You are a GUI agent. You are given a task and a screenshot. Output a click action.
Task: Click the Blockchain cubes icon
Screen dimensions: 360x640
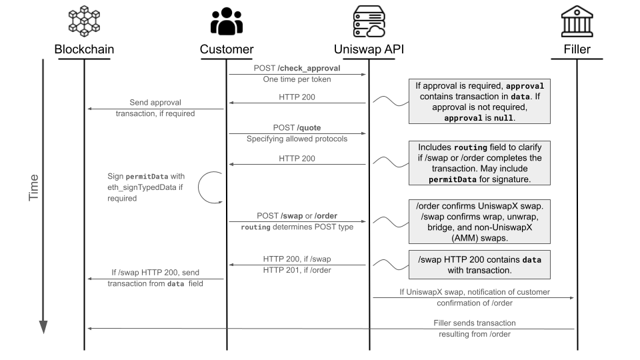84,21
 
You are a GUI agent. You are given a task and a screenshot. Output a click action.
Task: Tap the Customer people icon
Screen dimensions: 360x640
227,21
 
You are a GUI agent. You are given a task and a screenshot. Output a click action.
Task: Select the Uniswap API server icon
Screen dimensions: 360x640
369,21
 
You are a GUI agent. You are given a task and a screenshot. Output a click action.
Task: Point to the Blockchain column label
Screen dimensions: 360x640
84,49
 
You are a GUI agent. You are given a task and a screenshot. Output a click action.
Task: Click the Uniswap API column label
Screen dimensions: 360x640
369,49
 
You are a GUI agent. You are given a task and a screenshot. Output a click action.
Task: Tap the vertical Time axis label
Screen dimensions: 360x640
34,188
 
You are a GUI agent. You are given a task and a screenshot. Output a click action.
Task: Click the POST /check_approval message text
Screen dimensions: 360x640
297,68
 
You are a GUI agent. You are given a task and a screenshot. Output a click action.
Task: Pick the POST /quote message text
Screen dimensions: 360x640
297,127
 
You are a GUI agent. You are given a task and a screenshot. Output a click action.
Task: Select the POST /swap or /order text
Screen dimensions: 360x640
297,216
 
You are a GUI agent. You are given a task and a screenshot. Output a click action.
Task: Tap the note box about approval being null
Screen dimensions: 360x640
481,101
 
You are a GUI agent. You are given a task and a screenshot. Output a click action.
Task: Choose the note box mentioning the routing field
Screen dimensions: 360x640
481,163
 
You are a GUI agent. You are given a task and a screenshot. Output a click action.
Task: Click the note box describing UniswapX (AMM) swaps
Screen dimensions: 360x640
481,221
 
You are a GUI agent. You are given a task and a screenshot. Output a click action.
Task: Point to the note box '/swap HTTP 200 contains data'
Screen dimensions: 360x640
481,265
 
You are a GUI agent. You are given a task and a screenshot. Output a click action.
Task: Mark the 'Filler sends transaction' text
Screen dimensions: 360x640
474,323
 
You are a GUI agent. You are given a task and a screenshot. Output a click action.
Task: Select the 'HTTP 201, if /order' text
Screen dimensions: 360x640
297,270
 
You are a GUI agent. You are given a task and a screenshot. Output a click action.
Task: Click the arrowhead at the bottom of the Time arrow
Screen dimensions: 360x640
43,327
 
